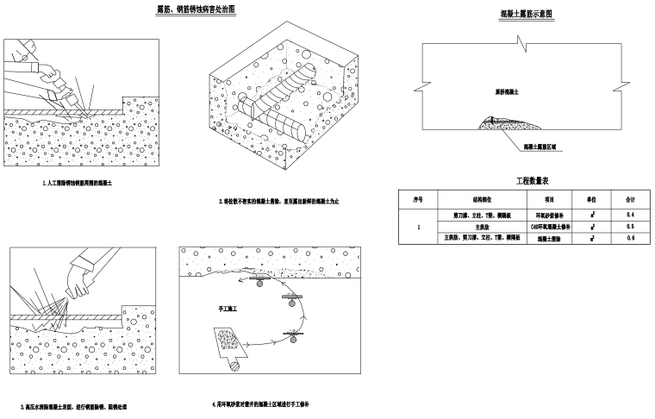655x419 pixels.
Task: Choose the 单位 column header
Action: (x=591, y=199)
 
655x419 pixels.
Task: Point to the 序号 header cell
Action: (x=418, y=199)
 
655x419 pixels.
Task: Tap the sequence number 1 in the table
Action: (x=418, y=226)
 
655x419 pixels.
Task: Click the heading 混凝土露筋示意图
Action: (x=527, y=16)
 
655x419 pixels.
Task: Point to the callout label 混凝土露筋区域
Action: (x=540, y=147)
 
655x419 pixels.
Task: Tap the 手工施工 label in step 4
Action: (x=229, y=306)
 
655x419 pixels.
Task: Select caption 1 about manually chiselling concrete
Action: (x=83, y=184)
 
